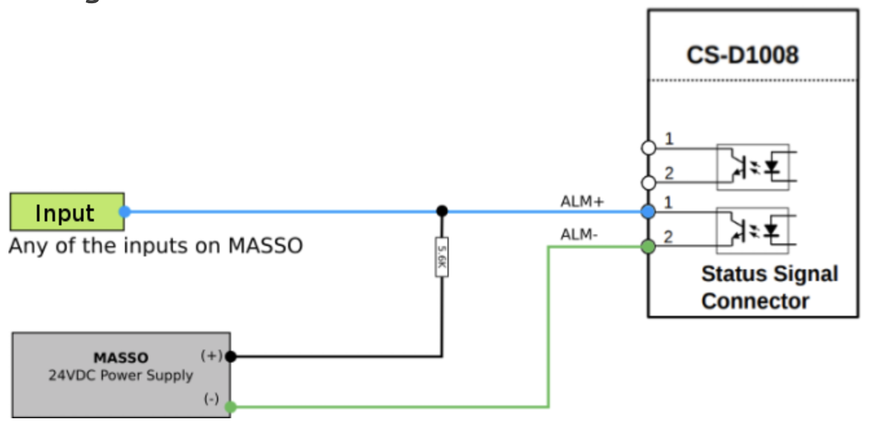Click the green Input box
pyautogui.click(x=66, y=212)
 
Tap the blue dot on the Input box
pyautogui.click(x=125, y=211)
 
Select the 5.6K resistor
pyautogui.click(x=442, y=256)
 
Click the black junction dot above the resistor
pyautogui.click(x=442, y=210)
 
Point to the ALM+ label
pyautogui.click(x=581, y=202)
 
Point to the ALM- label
pyautogui.click(x=579, y=234)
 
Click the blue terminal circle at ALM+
pyautogui.click(x=648, y=211)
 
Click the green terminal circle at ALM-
pyautogui.click(x=648, y=247)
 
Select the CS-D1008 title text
pyautogui.click(x=742, y=55)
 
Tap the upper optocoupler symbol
pyautogui.click(x=752, y=166)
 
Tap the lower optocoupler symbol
pyautogui.click(x=752, y=230)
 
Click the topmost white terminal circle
pyautogui.click(x=648, y=148)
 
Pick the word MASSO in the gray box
pyautogui.click(x=120, y=357)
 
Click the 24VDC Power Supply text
pyautogui.click(x=120, y=375)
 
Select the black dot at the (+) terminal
pyautogui.click(x=231, y=356)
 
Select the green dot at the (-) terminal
pyautogui.click(x=231, y=407)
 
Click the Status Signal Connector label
pyautogui.click(x=769, y=287)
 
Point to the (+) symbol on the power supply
pyautogui.click(x=211, y=355)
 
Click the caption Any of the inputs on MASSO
pyautogui.click(x=155, y=246)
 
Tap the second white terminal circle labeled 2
pyautogui.click(x=648, y=182)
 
